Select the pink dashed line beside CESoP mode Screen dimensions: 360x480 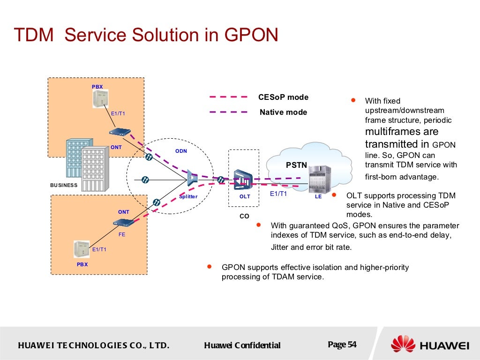228,97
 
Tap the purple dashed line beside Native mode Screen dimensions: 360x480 228,112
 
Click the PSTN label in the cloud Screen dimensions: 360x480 296,165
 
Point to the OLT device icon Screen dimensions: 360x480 243,179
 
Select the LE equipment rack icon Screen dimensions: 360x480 319,179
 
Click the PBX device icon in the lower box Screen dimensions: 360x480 81,249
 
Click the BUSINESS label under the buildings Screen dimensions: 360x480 64,185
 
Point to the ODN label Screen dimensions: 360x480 181,151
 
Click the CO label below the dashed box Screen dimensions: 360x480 244,216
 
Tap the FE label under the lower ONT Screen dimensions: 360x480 121,234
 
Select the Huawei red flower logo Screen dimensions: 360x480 403,345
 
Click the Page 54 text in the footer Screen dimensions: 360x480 342,345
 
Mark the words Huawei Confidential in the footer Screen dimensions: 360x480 242,345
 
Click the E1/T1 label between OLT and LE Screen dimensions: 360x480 278,194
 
